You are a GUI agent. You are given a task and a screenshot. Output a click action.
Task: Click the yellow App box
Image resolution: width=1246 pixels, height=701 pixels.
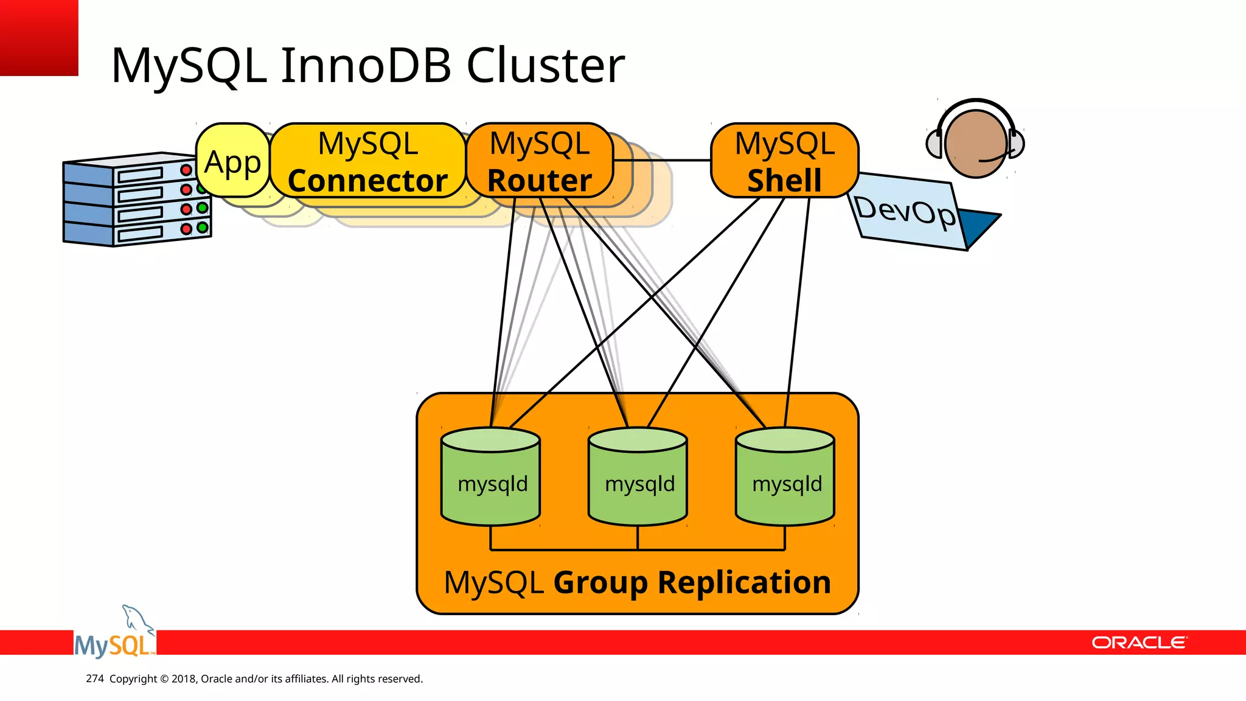tap(232, 161)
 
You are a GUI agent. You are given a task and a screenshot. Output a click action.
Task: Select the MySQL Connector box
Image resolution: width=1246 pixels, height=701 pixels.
tap(367, 161)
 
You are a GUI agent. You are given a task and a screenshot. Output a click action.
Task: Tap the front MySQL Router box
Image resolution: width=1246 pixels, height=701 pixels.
tap(539, 161)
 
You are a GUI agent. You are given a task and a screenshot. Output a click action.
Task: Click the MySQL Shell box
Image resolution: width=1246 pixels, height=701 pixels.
tap(784, 161)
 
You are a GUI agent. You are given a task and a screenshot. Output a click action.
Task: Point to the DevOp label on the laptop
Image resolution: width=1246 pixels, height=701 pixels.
tap(905, 211)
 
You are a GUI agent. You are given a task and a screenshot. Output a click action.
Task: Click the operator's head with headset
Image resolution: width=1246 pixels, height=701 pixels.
tap(975, 143)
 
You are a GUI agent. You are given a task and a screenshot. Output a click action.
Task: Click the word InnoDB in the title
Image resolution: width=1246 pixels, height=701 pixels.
tap(366, 65)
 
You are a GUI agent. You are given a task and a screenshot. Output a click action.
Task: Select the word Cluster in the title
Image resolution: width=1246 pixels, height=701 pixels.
tap(545, 65)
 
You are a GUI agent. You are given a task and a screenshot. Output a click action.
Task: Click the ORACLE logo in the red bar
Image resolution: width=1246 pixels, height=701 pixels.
tap(1138, 643)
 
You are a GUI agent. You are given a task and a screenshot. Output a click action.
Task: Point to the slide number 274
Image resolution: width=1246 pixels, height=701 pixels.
tap(95, 678)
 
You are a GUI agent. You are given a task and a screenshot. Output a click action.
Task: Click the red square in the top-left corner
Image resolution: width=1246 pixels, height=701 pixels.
tap(38, 37)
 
